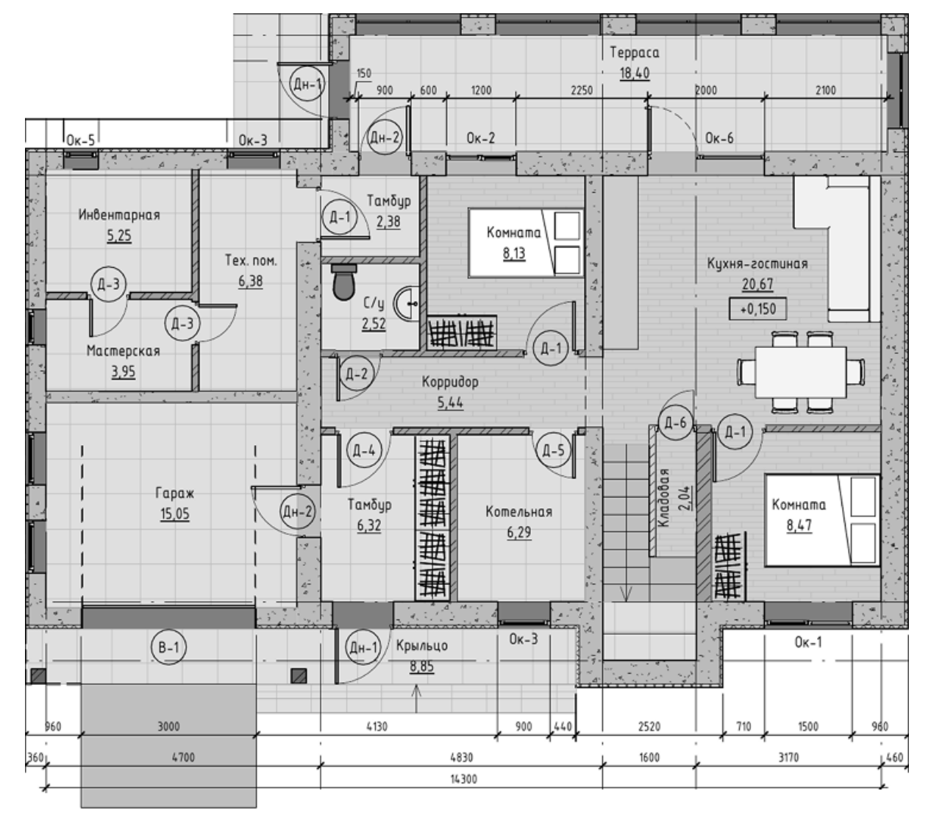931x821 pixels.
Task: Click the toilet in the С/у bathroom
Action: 343,281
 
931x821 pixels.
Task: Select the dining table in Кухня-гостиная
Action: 801,372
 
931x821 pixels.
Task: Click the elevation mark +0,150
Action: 757,309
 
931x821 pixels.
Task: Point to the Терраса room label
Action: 634,52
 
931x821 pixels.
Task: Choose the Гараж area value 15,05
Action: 174,513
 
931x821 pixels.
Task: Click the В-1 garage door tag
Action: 168,647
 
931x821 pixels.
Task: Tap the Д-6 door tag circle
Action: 676,423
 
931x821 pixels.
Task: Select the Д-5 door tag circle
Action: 553,450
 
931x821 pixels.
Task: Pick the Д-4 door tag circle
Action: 364,450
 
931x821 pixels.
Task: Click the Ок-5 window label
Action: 80,141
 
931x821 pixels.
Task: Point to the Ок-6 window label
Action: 719,138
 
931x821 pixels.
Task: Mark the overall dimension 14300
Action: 464,779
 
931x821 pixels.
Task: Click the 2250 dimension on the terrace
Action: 582,90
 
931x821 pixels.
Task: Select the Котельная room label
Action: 518,511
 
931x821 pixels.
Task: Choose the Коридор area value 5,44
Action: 450,402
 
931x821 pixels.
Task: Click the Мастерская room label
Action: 123,351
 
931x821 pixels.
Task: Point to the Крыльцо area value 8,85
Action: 422,666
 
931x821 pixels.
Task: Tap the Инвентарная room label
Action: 119,215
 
